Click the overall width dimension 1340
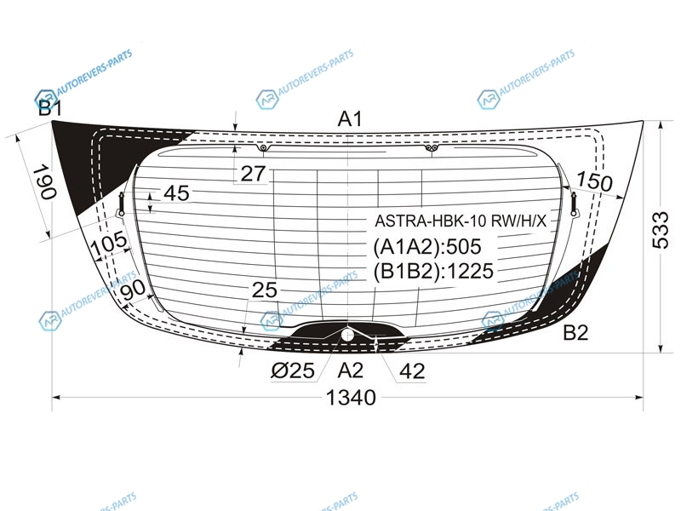coord(351,397)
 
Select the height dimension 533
coord(661,230)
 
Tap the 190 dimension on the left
coord(45,181)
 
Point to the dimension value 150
coord(594,181)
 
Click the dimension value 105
coord(109,244)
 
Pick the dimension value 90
coord(133,290)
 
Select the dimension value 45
coord(176,193)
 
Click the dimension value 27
coord(253,174)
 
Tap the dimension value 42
coord(412,371)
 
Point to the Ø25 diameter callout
coord(293,370)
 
